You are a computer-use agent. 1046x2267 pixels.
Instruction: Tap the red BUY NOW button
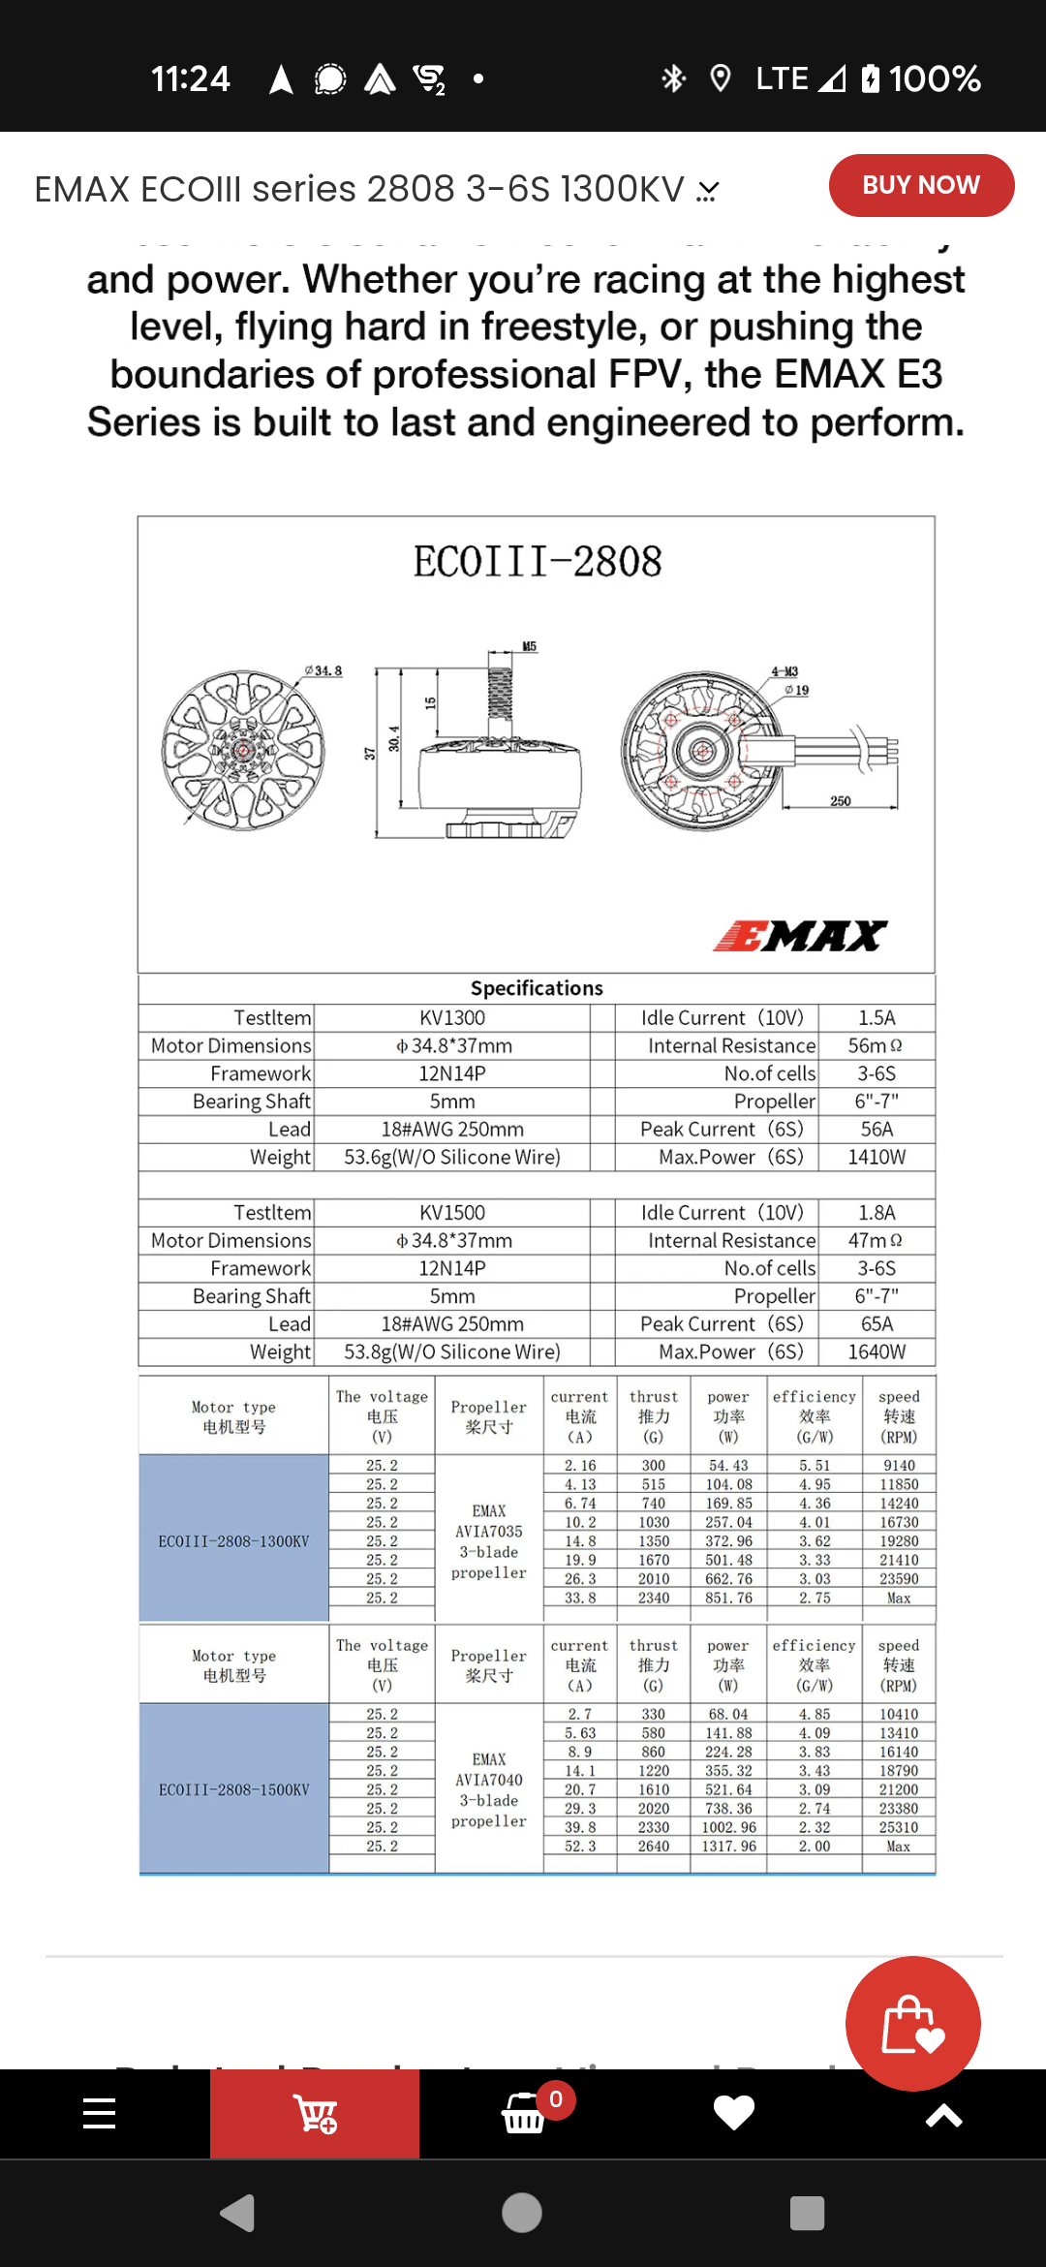coord(921,185)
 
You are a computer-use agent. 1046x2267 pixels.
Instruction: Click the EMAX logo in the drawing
coord(800,936)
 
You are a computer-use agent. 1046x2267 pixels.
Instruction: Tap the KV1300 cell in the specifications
coord(452,1018)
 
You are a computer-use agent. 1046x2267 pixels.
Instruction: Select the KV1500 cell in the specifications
coord(452,1213)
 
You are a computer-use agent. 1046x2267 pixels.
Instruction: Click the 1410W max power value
coord(877,1158)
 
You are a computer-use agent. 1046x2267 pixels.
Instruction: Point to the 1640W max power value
coord(877,1352)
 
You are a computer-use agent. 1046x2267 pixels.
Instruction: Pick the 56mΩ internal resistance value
coord(876,1046)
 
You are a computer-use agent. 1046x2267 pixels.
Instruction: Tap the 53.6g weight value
coord(452,1158)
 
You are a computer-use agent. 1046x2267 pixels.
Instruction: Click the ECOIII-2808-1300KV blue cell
coord(233,1541)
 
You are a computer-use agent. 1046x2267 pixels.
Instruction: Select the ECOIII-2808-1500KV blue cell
coord(233,1790)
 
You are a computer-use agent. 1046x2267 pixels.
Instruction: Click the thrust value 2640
coord(654,1847)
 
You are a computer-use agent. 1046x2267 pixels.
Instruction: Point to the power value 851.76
coord(728,1599)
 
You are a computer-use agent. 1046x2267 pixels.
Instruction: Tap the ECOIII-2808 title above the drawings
coord(538,563)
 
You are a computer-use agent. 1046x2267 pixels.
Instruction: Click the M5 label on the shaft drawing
coord(530,646)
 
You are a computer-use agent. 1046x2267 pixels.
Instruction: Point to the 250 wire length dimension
coord(841,801)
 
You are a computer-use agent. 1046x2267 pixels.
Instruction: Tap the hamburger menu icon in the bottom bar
coord(100,2114)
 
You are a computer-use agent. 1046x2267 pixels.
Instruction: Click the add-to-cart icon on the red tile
coord(316,2114)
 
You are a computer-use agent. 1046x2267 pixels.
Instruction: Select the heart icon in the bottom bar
coord(733,2113)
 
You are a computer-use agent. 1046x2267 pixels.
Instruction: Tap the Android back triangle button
coord(238,2213)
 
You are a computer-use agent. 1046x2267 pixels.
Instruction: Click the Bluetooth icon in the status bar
coord(673,78)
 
